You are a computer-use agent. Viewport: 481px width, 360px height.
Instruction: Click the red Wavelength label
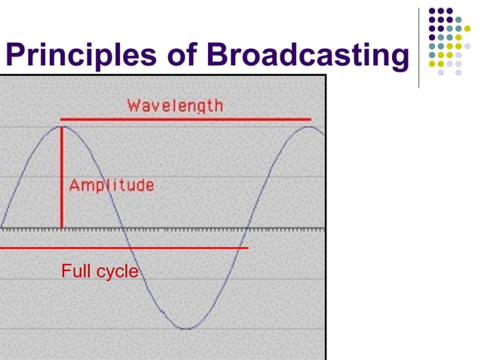175,105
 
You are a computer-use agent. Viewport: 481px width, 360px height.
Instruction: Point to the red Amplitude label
112,185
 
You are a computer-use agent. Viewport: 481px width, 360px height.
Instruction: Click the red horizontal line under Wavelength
185,119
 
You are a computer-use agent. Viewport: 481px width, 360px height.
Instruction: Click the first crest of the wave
61,127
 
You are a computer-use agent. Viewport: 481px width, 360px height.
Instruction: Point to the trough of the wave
185,328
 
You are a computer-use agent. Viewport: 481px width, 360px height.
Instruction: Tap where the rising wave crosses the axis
248,228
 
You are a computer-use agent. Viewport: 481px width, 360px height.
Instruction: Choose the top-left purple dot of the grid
433,12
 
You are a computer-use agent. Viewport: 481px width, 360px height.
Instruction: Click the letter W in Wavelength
133,105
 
